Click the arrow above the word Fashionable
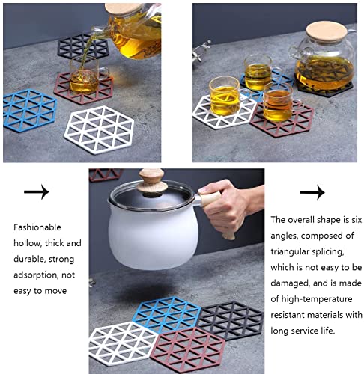point(37,192)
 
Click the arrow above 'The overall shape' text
point(312,192)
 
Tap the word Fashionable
point(37,227)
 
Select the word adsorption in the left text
point(36,275)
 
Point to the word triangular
point(291,251)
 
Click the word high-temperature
point(317,299)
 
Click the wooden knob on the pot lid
point(152,182)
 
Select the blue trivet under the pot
point(166,314)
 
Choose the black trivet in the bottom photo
point(231,320)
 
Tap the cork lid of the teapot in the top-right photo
point(327,32)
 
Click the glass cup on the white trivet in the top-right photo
point(225,96)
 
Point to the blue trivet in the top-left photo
point(29,110)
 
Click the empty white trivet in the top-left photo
point(99,129)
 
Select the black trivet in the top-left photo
point(83,46)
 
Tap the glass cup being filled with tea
point(85,75)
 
